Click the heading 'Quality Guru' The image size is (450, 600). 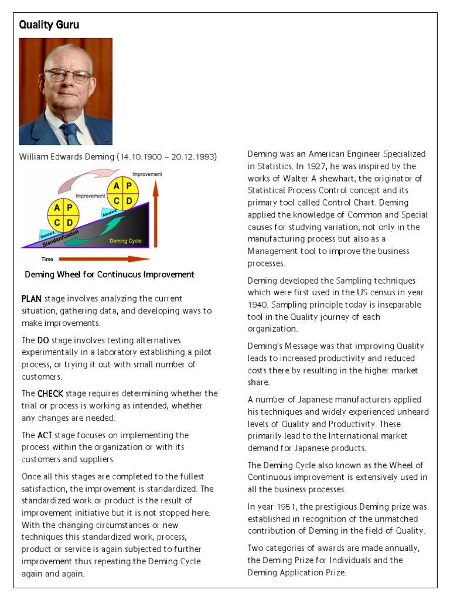coord(49,25)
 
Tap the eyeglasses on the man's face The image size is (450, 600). coord(68,76)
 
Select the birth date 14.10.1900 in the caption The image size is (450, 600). coord(141,157)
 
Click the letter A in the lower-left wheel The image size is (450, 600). coord(56,207)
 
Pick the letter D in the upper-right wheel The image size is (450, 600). coord(129,202)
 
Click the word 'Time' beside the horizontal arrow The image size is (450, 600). coord(47,258)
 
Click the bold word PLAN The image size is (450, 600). coord(32,299)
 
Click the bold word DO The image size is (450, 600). coord(43,340)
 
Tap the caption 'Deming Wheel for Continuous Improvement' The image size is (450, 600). coord(110,274)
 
